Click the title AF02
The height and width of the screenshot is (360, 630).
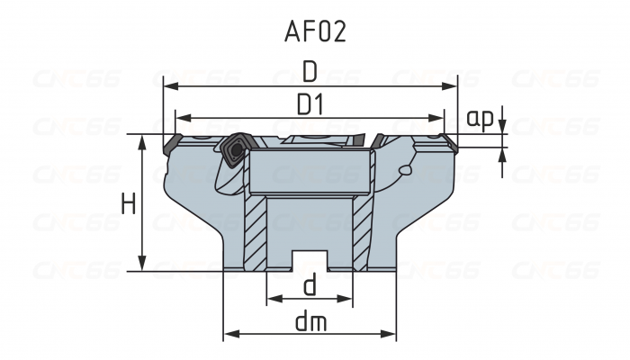click(315, 31)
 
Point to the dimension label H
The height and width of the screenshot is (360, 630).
click(129, 204)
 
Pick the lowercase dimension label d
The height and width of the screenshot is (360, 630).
click(310, 286)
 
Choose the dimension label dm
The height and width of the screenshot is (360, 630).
click(310, 320)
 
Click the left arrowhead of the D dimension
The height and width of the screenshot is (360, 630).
click(168, 87)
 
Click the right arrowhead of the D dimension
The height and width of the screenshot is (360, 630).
click(454, 87)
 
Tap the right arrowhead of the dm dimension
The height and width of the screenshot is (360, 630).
click(391, 334)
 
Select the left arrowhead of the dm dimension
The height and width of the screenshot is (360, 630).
click(229, 334)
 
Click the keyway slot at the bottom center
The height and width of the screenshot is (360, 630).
click(310, 257)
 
